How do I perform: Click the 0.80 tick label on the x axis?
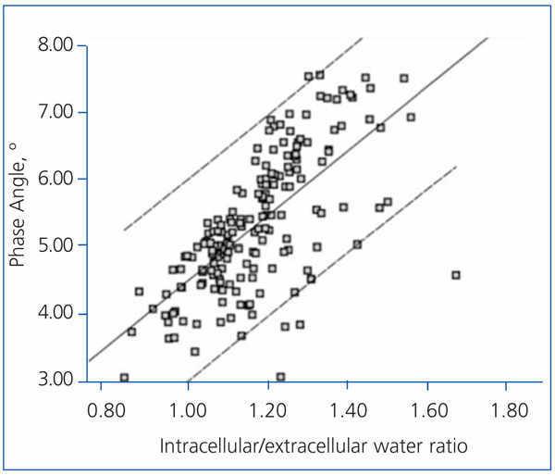click(x=108, y=408)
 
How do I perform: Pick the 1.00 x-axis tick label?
click(x=188, y=408)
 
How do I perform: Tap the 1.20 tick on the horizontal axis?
click(x=267, y=408)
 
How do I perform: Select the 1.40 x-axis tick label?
click(x=347, y=408)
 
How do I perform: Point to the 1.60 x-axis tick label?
click(x=426, y=408)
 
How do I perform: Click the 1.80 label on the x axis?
click(x=506, y=408)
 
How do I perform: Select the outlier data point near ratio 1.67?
click(x=455, y=275)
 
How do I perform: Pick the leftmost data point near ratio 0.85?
click(x=124, y=378)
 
